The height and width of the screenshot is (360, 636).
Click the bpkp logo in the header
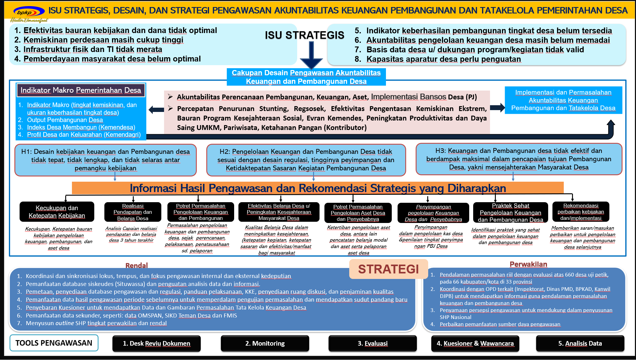pos(28,13)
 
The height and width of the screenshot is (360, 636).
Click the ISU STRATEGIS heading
pos(304,35)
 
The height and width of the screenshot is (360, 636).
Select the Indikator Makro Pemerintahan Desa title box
pos(81,90)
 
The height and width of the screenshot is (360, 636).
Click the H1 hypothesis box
pos(106,160)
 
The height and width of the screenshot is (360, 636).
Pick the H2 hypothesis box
pos(306,160)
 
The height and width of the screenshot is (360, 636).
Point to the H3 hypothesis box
pos(518,159)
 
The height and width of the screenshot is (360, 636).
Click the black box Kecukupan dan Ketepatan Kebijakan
pos(57,212)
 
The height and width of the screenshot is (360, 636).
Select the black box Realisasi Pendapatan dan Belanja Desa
pos(133,212)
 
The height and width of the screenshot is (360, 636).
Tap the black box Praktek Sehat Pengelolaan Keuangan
pos(510,213)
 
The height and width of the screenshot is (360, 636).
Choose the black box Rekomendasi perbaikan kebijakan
pos(581,212)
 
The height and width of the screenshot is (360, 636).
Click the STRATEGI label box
pos(388,269)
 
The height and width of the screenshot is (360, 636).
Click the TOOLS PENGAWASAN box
pos(54,343)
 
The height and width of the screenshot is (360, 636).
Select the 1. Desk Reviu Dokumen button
pos(156,343)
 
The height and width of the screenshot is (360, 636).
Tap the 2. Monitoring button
pos(265,343)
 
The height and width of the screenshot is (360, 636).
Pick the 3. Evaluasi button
pos(372,343)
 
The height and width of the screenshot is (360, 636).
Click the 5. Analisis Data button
pos(580,343)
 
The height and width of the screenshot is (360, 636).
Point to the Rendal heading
pos(137,265)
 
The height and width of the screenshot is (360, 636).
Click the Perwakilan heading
pos(528,264)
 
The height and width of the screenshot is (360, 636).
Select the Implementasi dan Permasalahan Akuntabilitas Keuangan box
pos(563,100)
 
